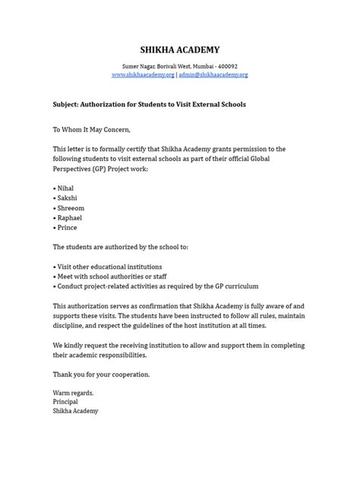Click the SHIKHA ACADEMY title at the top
click(x=180, y=49)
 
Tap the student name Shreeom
click(x=71, y=207)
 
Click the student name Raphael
click(x=70, y=217)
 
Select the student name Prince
click(x=67, y=228)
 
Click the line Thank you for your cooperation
click(x=101, y=374)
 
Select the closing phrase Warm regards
click(x=74, y=393)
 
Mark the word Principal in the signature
click(x=67, y=402)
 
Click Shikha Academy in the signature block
click(x=75, y=411)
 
